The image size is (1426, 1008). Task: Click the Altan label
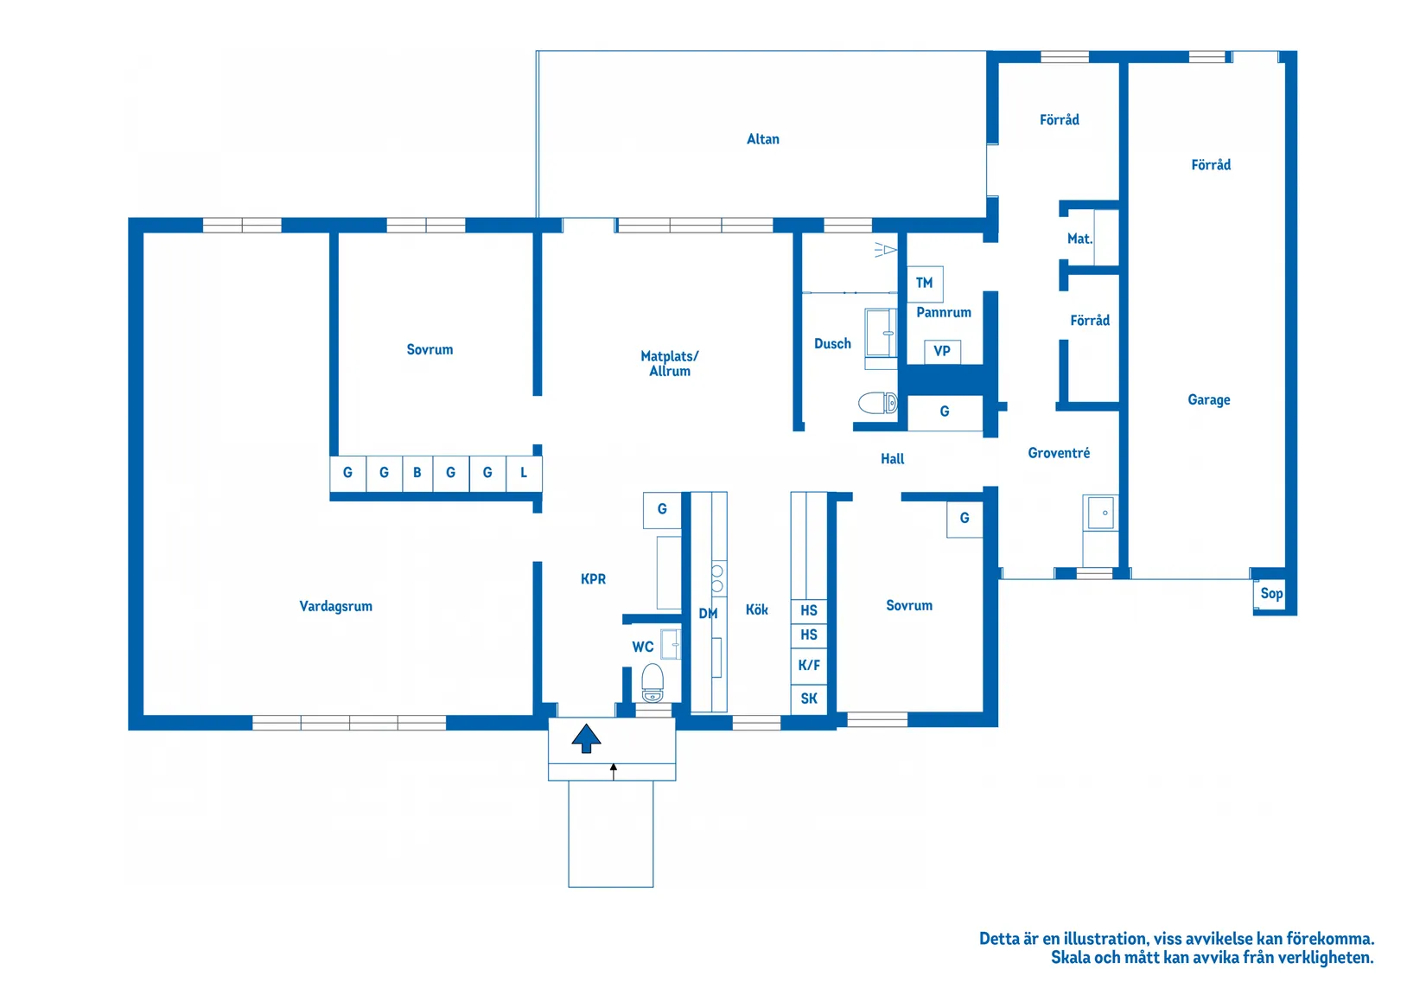coord(762,139)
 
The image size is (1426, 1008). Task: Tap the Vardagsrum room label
coord(335,606)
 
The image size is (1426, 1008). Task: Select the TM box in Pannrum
coord(925,283)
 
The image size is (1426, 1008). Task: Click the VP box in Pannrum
coord(942,351)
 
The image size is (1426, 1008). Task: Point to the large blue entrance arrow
coord(586,738)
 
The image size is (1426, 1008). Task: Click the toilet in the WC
coord(653,684)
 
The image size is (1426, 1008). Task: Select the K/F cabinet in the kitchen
coord(809,665)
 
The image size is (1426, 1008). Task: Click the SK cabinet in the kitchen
coord(809,699)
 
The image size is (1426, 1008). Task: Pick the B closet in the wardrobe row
coord(417,473)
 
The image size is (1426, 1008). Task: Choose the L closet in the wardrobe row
coord(524,473)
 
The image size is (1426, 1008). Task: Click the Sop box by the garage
coord(1270,593)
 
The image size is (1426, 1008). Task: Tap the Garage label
coord(1208,399)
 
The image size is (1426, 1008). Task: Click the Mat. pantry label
coord(1079,239)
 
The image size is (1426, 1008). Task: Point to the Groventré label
coord(1059,453)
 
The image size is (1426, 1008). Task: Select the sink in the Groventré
coord(1101,513)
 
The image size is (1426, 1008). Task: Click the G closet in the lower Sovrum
coord(964,519)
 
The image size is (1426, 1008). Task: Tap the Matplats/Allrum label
coord(670,363)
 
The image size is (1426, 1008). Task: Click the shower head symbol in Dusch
coord(885,250)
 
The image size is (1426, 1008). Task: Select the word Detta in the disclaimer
coord(999,939)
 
